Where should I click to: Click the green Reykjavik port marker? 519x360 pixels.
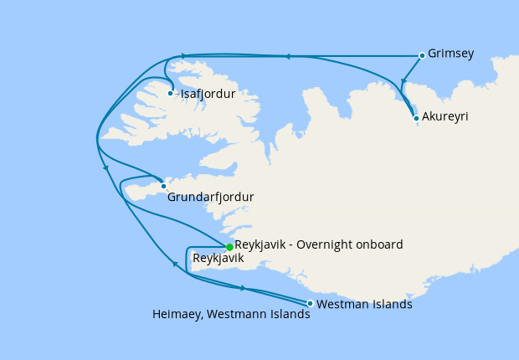pos(229,246)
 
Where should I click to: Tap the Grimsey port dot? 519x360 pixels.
pos(421,55)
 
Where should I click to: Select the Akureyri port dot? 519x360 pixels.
pos(416,119)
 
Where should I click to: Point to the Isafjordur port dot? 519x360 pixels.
pos(171,93)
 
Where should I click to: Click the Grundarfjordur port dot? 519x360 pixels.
pos(163,187)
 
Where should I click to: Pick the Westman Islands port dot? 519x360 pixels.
pos(311,303)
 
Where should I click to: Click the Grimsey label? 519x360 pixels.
pos(450,54)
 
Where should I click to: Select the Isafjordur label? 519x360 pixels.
pos(207,94)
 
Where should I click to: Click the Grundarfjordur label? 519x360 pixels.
pos(210,198)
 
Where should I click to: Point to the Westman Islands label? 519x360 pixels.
pos(365,304)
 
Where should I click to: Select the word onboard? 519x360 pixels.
pos(377,244)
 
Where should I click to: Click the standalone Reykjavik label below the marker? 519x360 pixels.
pos(218,259)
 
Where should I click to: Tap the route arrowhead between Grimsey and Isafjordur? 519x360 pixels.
pos(286,56)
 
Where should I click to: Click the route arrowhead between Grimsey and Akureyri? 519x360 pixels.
pos(403,83)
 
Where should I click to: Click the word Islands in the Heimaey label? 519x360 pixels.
pos(290,316)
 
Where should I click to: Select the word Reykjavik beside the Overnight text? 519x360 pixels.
pos(262,244)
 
